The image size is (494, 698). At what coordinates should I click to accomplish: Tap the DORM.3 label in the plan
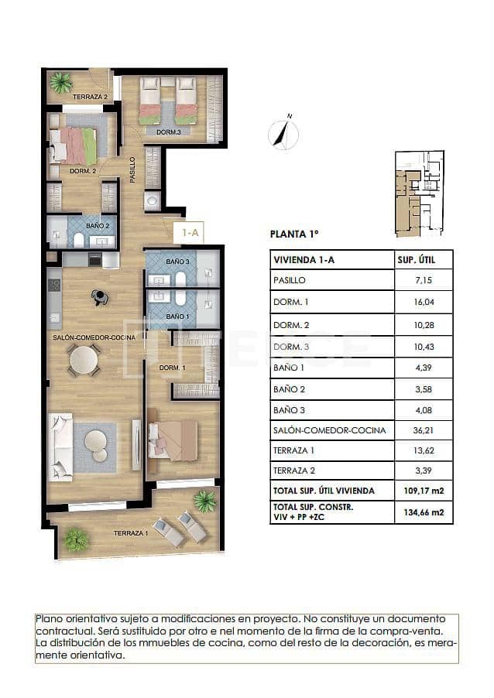pyautogui.click(x=168, y=132)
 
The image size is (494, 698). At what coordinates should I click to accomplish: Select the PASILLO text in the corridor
pyautogui.click(x=132, y=169)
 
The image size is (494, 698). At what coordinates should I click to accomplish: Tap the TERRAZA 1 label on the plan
pyautogui.click(x=129, y=533)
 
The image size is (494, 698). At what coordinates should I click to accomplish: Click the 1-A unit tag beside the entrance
pyautogui.click(x=190, y=231)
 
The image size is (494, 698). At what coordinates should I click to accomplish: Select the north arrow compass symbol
pyautogui.click(x=283, y=134)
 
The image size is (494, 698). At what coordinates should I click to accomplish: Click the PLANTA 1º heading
pyautogui.click(x=294, y=233)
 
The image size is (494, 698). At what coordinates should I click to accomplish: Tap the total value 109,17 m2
pyautogui.click(x=422, y=490)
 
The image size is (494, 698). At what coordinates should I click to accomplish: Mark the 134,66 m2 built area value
pyautogui.click(x=422, y=512)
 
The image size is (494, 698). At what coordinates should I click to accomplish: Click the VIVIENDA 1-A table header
pyautogui.click(x=303, y=260)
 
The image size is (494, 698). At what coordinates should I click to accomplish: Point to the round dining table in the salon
pyautogui.click(x=84, y=359)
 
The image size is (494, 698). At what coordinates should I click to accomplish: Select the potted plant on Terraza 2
pyautogui.click(x=60, y=81)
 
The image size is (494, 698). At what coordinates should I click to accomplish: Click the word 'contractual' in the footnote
pyautogui.click(x=66, y=631)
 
